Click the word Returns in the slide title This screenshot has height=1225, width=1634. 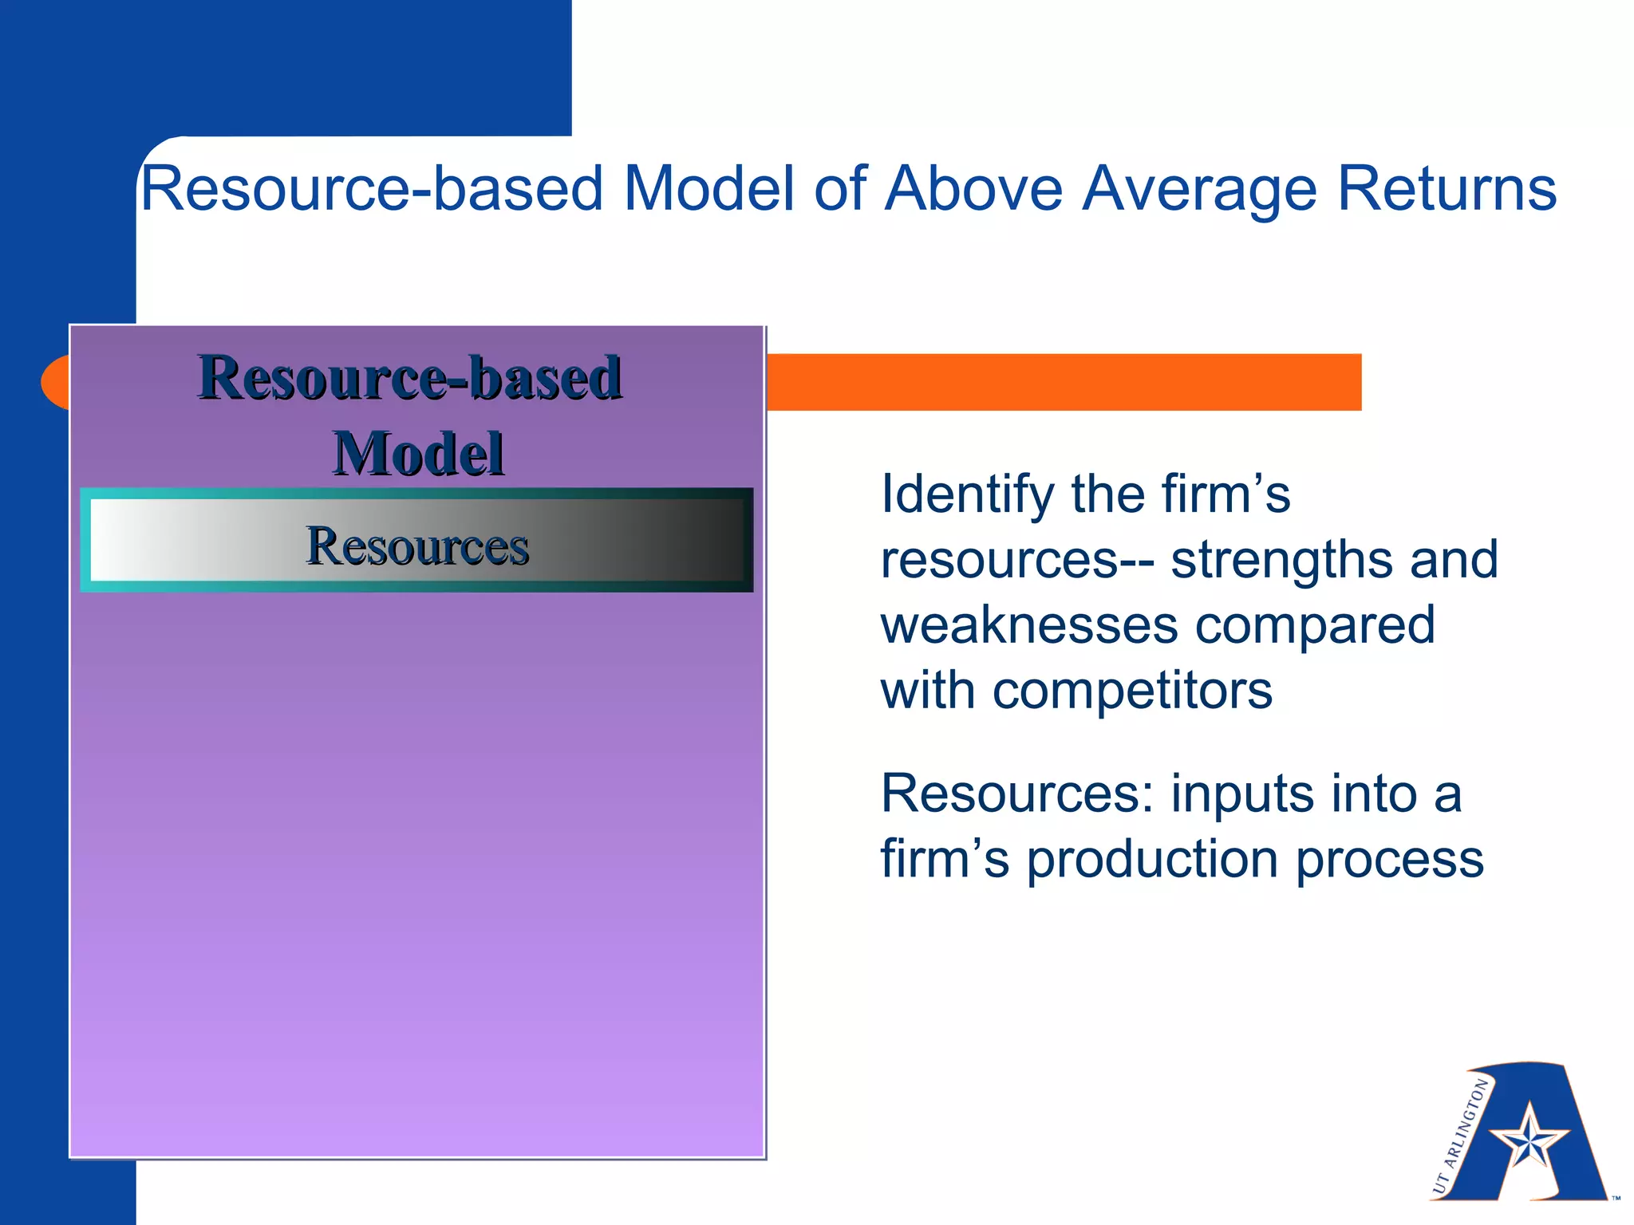[1447, 188]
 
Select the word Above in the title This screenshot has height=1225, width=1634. [973, 188]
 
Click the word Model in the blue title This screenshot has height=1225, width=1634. [708, 188]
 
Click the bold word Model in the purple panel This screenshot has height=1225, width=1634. [418, 453]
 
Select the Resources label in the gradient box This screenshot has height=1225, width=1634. [417, 546]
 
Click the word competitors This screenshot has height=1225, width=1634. [1132, 690]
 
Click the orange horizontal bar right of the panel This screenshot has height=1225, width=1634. [1061, 382]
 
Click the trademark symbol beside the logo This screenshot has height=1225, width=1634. [1616, 1198]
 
